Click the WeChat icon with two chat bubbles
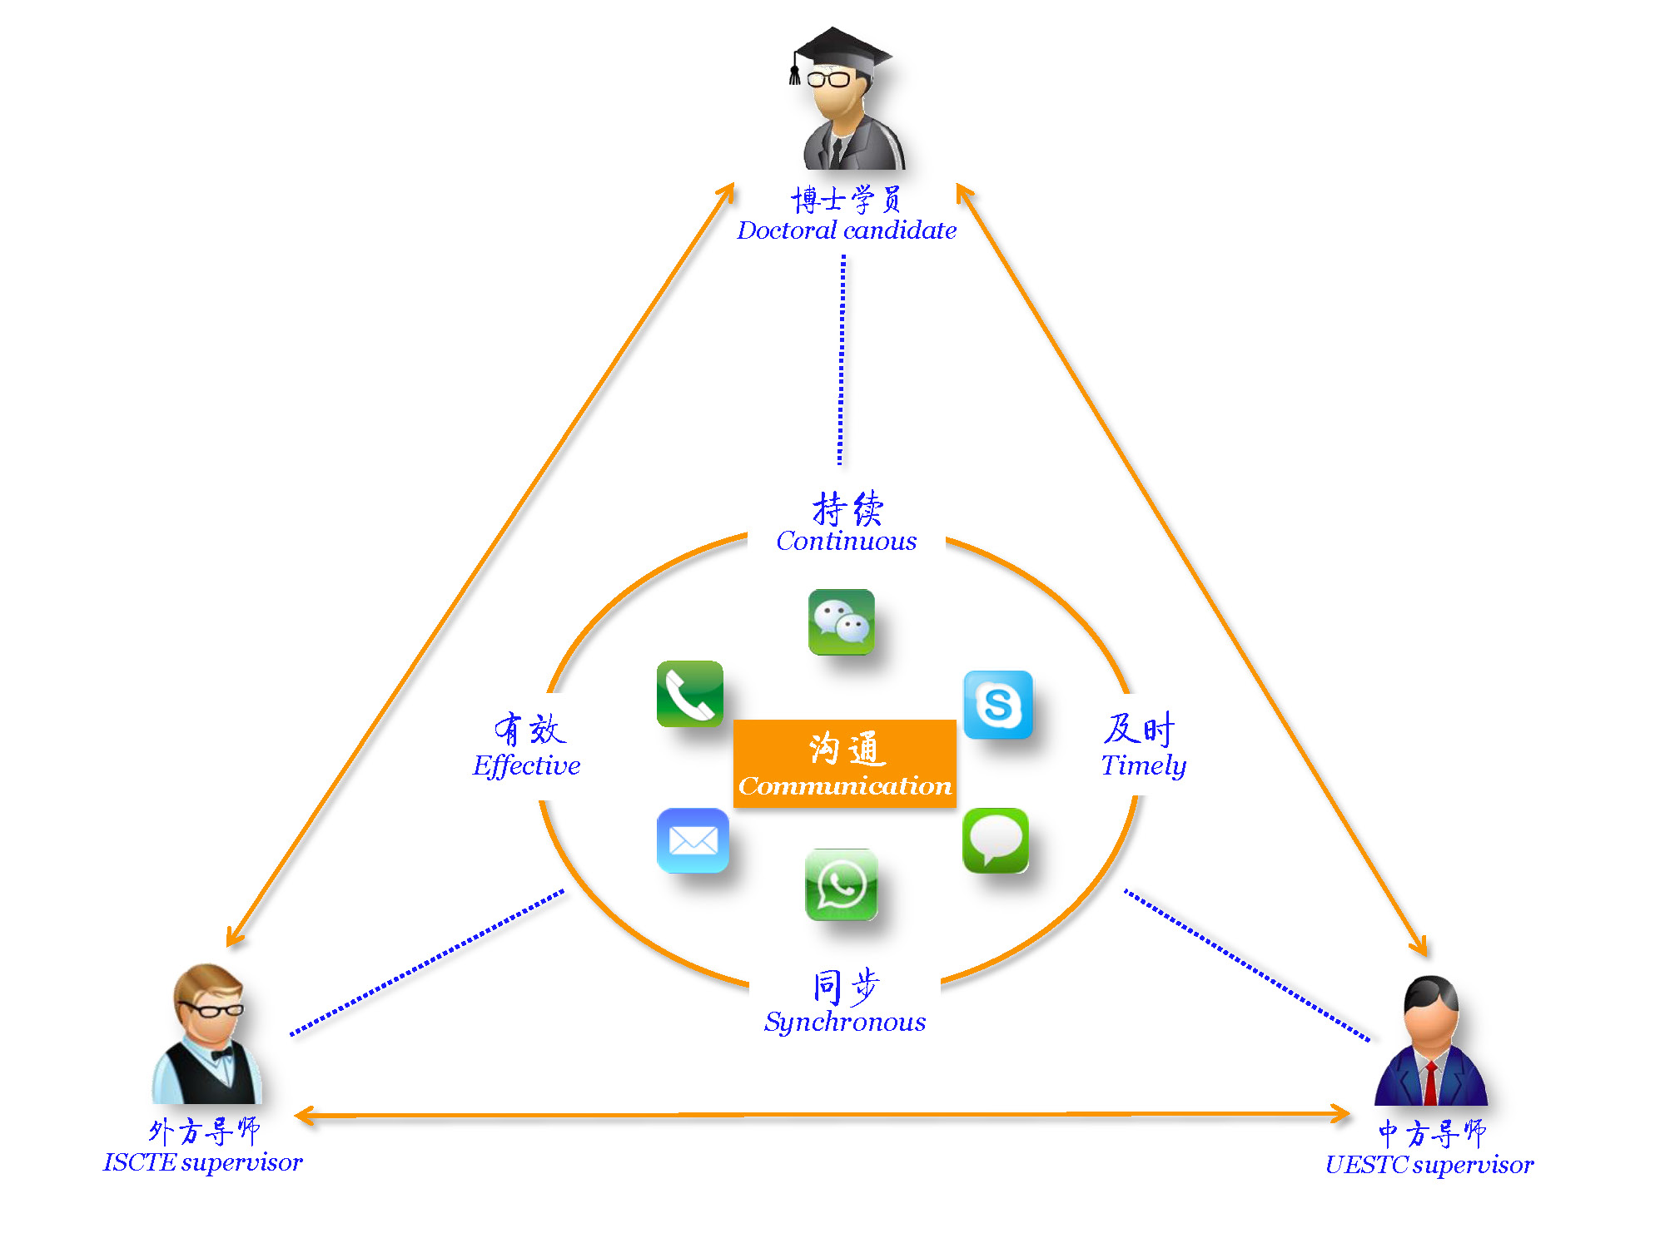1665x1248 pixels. point(841,622)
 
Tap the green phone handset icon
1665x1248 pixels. point(689,694)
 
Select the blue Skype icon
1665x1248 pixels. point(997,705)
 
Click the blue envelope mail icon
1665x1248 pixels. point(692,840)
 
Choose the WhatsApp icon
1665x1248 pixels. point(841,884)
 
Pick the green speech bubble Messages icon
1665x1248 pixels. point(996,840)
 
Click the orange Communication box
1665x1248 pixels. point(844,763)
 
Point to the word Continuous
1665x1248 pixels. point(846,542)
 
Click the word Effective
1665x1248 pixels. point(526,765)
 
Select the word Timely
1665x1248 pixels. point(1143,765)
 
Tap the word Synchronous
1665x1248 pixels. point(844,1022)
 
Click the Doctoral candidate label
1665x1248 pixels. point(846,230)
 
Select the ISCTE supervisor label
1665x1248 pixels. point(202,1162)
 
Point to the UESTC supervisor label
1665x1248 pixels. point(1429,1165)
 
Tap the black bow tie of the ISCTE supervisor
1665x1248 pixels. point(222,1055)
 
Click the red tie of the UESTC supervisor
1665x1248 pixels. point(1430,1082)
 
